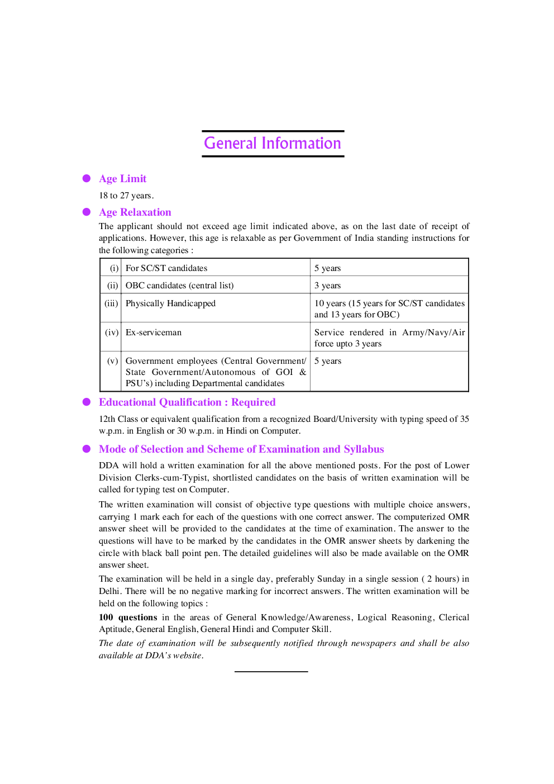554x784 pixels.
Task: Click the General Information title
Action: click(273, 144)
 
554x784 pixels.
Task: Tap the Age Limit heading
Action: click(122, 179)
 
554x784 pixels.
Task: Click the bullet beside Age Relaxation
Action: click(87, 212)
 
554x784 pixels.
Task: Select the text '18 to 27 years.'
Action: click(126, 196)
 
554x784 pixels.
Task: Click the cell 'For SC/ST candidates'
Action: click(166, 268)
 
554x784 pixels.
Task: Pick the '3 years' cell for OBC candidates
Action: click(327, 286)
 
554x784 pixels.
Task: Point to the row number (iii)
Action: click(111, 303)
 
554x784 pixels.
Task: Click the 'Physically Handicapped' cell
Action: click(170, 303)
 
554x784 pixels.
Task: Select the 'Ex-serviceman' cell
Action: click(154, 332)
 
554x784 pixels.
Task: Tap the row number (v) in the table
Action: click(112, 361)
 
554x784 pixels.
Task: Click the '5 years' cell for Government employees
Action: click(328, 361)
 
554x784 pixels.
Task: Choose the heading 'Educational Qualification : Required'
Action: click(187, 402)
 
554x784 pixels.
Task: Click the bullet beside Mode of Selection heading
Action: click(87, 449)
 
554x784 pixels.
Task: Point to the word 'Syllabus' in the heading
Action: click(364, 449)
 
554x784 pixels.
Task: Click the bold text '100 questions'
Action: click(128, 617)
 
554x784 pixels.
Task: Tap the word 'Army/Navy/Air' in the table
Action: click(433, 332)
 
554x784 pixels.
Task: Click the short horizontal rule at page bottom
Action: click(271, 671)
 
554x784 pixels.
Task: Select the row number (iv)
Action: click(112, 332)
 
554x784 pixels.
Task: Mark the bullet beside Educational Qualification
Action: click(87, 402)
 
